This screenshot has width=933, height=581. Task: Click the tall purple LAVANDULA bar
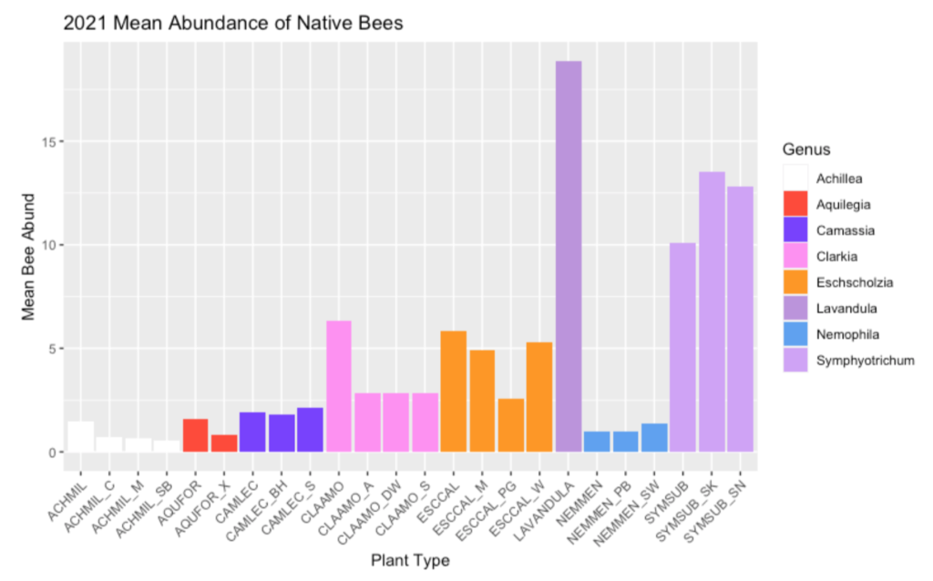click(568, 256)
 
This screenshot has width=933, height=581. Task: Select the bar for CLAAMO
click(339, 386)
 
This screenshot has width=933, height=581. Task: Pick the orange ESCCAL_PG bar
click(511, 425)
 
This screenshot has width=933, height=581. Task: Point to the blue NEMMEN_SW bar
click(654, 438)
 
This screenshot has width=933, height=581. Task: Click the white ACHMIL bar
click(81, 436)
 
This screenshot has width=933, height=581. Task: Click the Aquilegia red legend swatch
click(795, 205)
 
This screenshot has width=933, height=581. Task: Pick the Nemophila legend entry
click(841, 334)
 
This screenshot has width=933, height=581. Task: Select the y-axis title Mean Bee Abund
click(28, 256)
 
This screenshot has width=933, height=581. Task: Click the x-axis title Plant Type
click(410, 561)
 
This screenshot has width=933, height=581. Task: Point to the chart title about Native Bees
click(232, 25)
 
